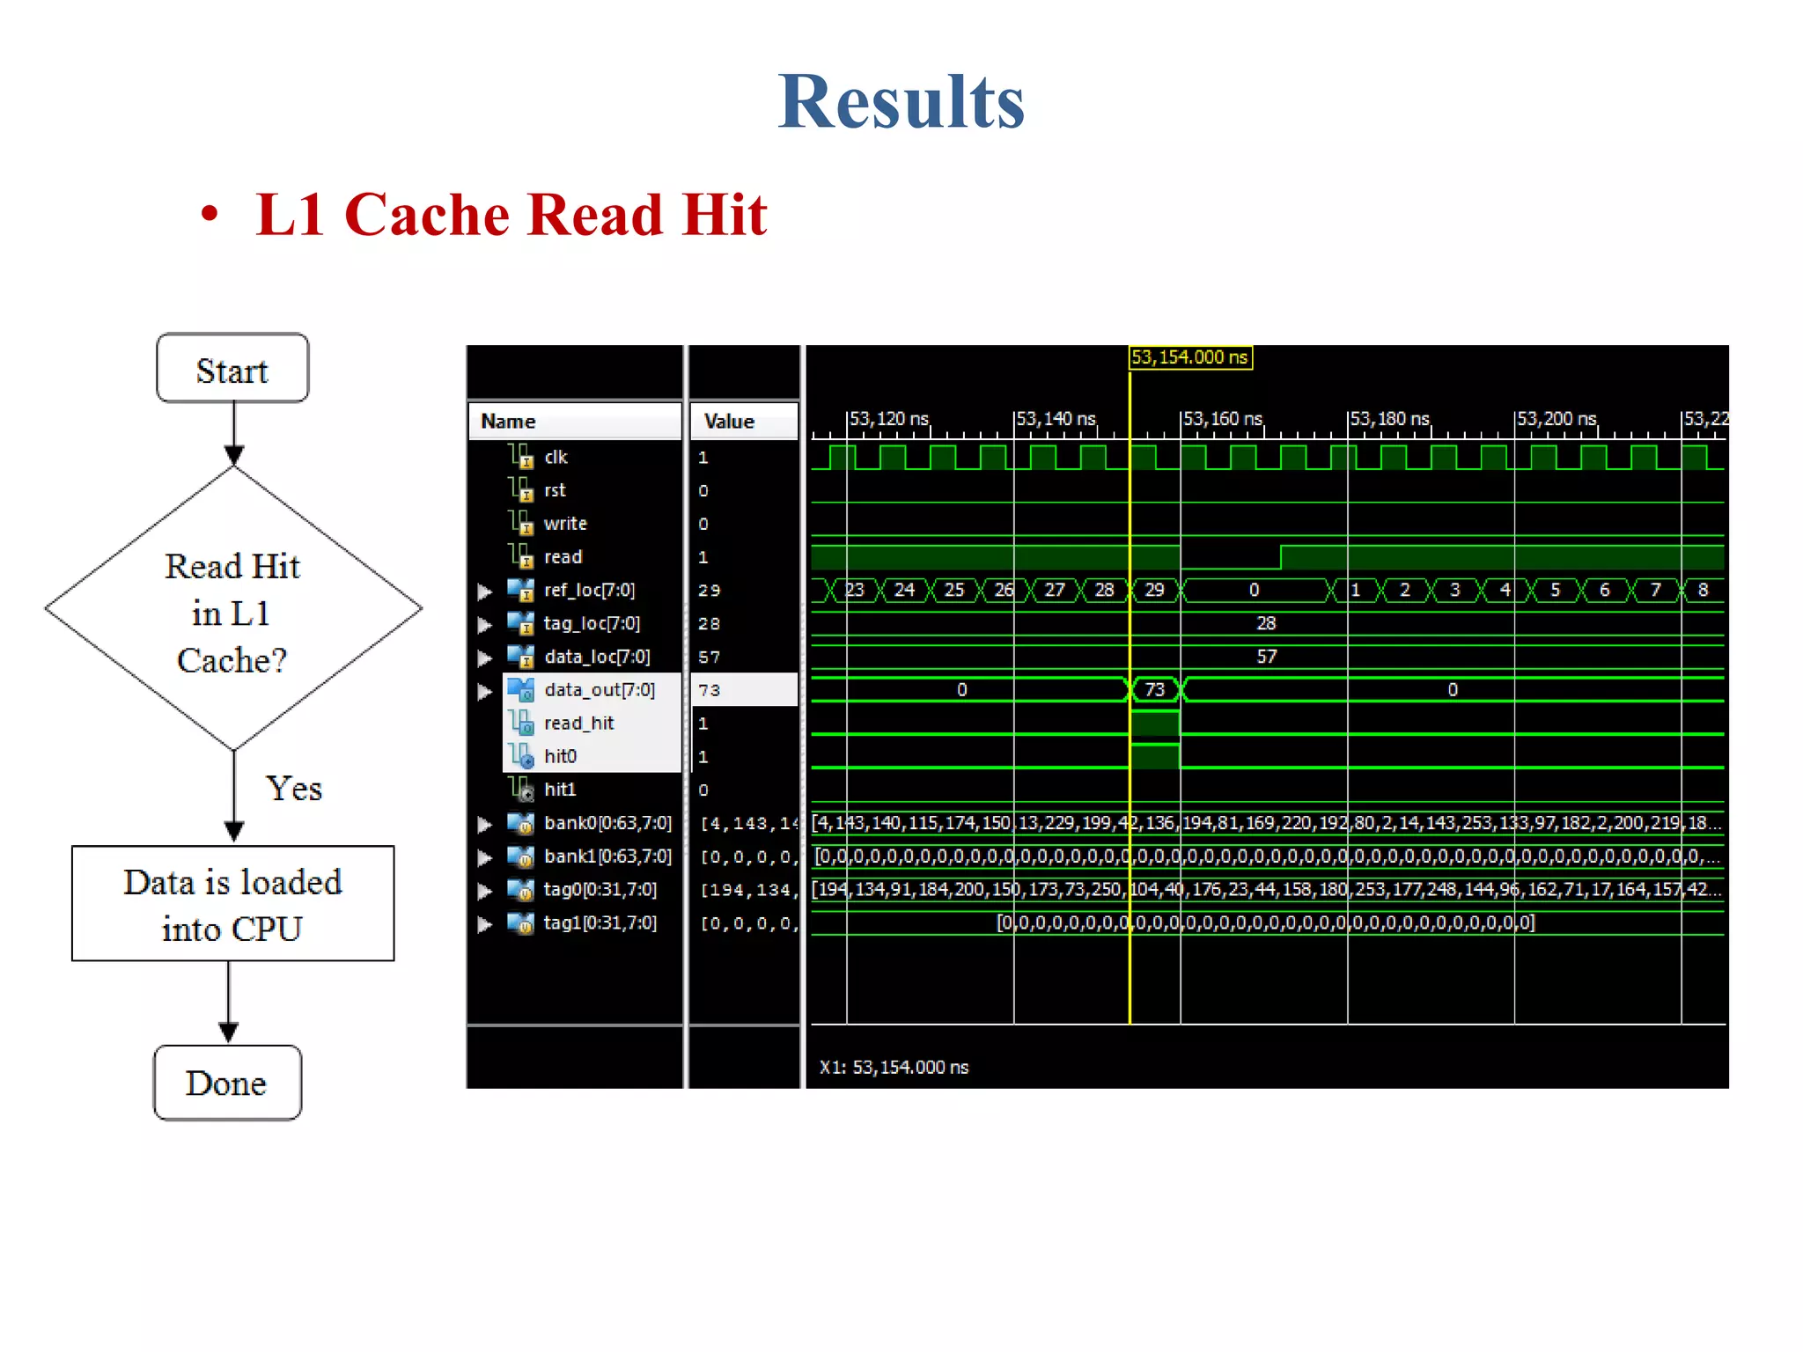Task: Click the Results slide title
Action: click(x=901, y=102)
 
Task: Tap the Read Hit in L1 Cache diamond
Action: click(x=232, y=612)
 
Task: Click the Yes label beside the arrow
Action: click(x=294, y=789)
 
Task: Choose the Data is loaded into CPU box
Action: click(x=232, y=904)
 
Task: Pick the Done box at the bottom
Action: click(x=227, y=1083)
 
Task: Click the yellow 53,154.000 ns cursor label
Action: click(x=1189, y=357)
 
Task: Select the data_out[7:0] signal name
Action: click(x=599, y=690)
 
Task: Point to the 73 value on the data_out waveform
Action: click(x=1154, y=690)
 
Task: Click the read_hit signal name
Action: click(x=578, y=724)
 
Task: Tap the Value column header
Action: click(x=729, y=422)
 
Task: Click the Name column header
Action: click(x=508, y=422)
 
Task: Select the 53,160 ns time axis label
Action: click(x=1223, y=419)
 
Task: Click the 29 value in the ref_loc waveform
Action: click(x=1154, y=591)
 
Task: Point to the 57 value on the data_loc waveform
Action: click(x=1266, y=657)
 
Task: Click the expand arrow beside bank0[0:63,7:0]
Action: click(x=484, y=825)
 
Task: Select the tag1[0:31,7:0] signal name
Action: click(x=600, y=923)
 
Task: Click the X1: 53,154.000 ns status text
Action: click(x=894, y=1068)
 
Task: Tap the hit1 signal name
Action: click(x=560, y=790)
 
